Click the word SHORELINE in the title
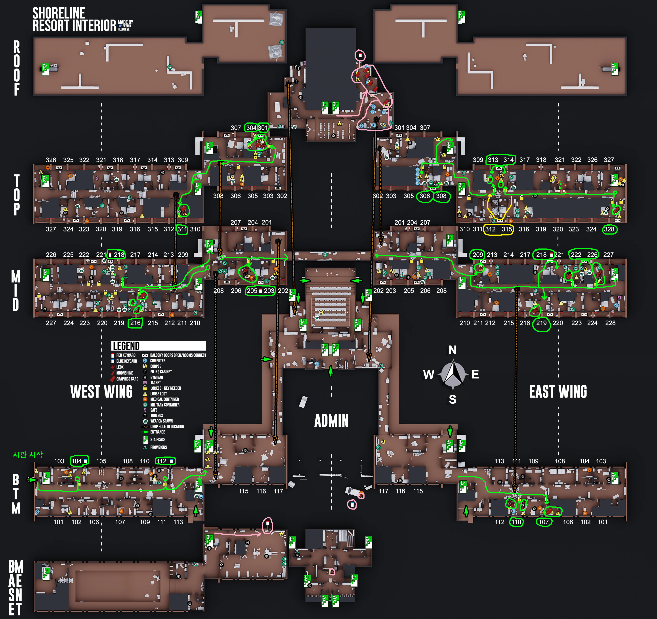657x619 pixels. coord(59,13)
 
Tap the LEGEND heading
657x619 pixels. coord(126,346)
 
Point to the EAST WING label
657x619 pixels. coord(558,392)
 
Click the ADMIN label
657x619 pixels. coord(331,421)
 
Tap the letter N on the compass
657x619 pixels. coord(453,350)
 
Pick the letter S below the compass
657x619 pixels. coord(453,399)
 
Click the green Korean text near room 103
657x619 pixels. coord(28,455)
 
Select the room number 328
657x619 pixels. coord(609,229)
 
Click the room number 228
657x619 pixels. coord(610,323)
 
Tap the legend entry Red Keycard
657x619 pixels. coord(126,355)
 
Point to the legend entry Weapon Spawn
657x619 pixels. coord(161,421)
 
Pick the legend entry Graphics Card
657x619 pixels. coord(127,379)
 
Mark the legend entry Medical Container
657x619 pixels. coord(164,399)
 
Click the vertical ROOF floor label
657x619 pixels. coord(17,68)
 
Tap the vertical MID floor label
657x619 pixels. coord(15,290)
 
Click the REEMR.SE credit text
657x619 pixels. coord(124,29)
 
